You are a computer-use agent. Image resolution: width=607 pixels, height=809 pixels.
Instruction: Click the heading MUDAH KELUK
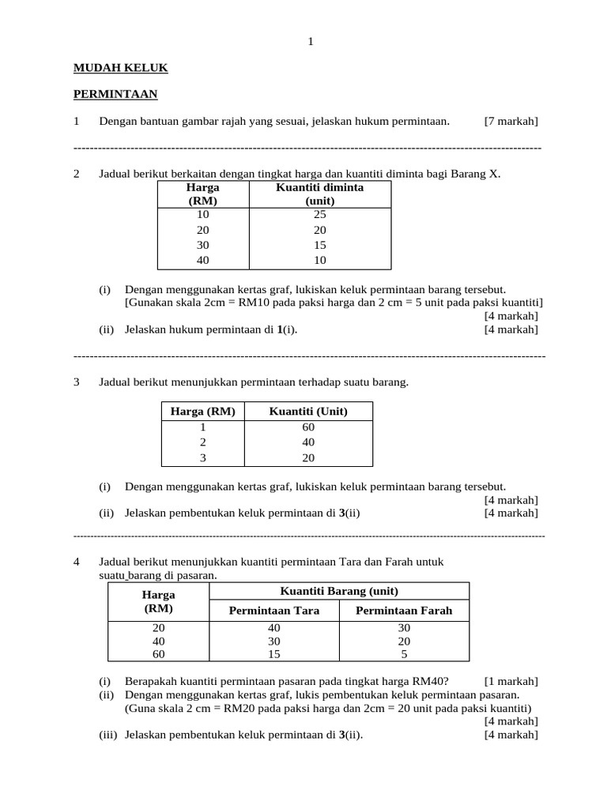pos(120,69)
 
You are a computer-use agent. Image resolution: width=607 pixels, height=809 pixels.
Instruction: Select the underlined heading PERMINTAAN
pos(115,95)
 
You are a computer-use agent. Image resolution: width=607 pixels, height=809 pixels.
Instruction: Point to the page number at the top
pos(311,42)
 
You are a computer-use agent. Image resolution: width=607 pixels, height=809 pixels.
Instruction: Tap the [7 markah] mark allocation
pos(511,121)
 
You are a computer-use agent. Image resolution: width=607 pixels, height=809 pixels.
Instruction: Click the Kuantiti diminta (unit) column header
pos(319,194)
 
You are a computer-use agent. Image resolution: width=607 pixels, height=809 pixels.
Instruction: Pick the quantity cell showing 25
pos(319,215)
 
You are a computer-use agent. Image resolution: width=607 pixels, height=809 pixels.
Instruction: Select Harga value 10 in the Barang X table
pos(203,215)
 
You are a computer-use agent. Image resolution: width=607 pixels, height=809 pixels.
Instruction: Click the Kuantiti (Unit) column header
pos(308,412)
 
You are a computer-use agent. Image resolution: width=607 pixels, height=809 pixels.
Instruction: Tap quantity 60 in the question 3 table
pos(308,427)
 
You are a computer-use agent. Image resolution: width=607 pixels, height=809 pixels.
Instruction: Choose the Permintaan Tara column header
pos(273,611)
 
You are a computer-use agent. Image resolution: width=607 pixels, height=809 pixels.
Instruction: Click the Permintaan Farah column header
pos(404,611)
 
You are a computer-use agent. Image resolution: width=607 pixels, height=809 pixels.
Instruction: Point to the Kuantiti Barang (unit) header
pos(339,592)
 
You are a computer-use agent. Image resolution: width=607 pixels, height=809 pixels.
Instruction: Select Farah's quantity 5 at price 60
pos(404,654)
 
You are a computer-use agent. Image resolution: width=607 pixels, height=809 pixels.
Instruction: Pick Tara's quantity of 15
pos(273,654)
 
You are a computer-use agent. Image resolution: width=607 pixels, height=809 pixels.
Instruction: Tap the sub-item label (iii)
pos(107,734)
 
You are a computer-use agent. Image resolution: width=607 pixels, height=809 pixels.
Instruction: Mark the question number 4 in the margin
pos(77,562)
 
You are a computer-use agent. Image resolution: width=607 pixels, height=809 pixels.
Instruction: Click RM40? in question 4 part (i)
pos(431,682)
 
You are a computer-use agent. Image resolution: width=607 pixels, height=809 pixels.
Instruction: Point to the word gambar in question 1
pos(203,121)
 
